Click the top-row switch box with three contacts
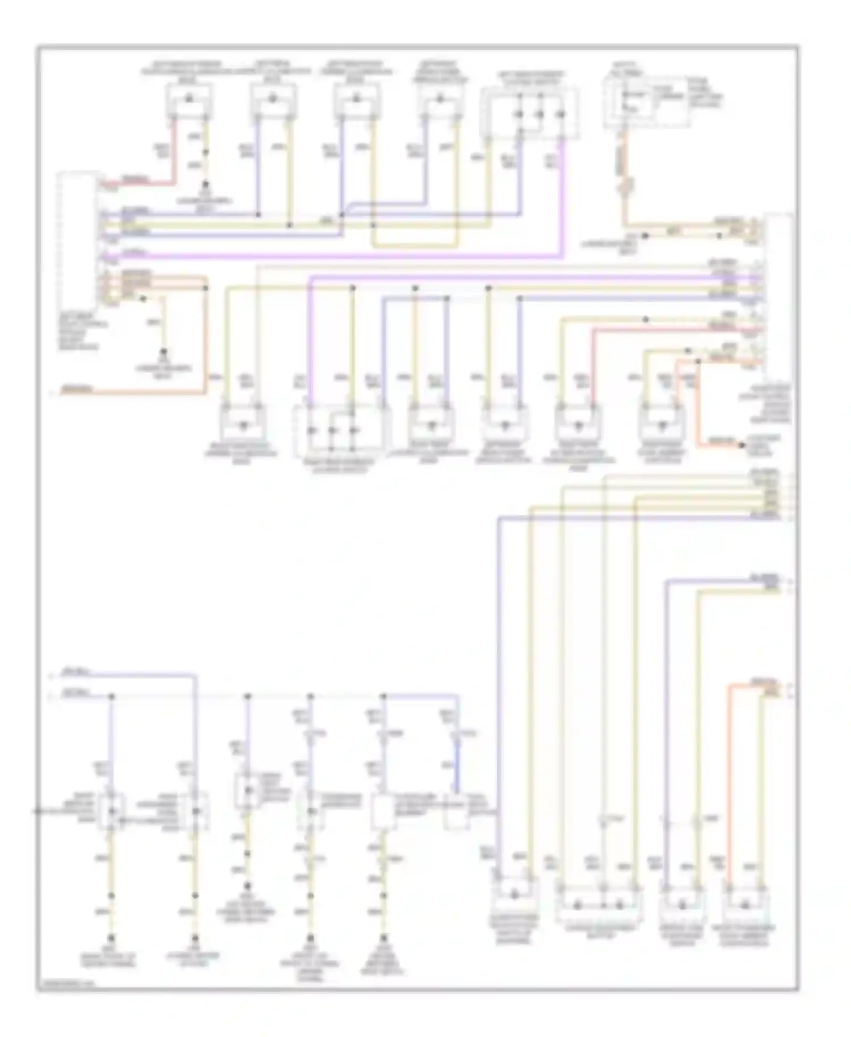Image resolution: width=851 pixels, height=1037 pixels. (530, 113)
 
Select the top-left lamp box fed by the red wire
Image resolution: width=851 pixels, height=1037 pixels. (189, 102)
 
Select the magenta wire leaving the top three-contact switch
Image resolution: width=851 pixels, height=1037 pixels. (562, 199)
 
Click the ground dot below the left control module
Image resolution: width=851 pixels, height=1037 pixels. (165, 352)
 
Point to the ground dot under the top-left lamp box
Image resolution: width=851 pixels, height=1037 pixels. (206, 185)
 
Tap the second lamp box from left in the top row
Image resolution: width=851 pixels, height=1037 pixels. (273, 101)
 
